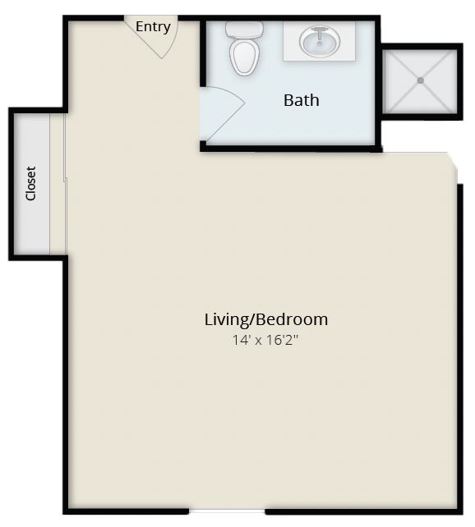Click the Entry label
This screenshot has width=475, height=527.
click(153, 26)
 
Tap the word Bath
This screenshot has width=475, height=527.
click(302, 100)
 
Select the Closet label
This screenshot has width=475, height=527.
click(30, 184)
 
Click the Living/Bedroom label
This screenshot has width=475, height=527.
click(266, 319)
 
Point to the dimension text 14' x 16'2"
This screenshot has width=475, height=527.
click(265, 340)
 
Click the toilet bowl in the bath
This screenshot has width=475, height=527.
click(245, 57)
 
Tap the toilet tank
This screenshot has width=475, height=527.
click(244, 30)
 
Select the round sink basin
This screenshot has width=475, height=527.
click(320, 41)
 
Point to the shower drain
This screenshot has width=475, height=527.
click(421, 80)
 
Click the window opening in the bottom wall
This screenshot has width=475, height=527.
click(227, 511)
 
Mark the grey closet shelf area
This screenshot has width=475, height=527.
click(33, 184)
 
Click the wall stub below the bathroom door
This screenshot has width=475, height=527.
click(203, 146)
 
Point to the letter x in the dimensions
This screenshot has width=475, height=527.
click(258, 341)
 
